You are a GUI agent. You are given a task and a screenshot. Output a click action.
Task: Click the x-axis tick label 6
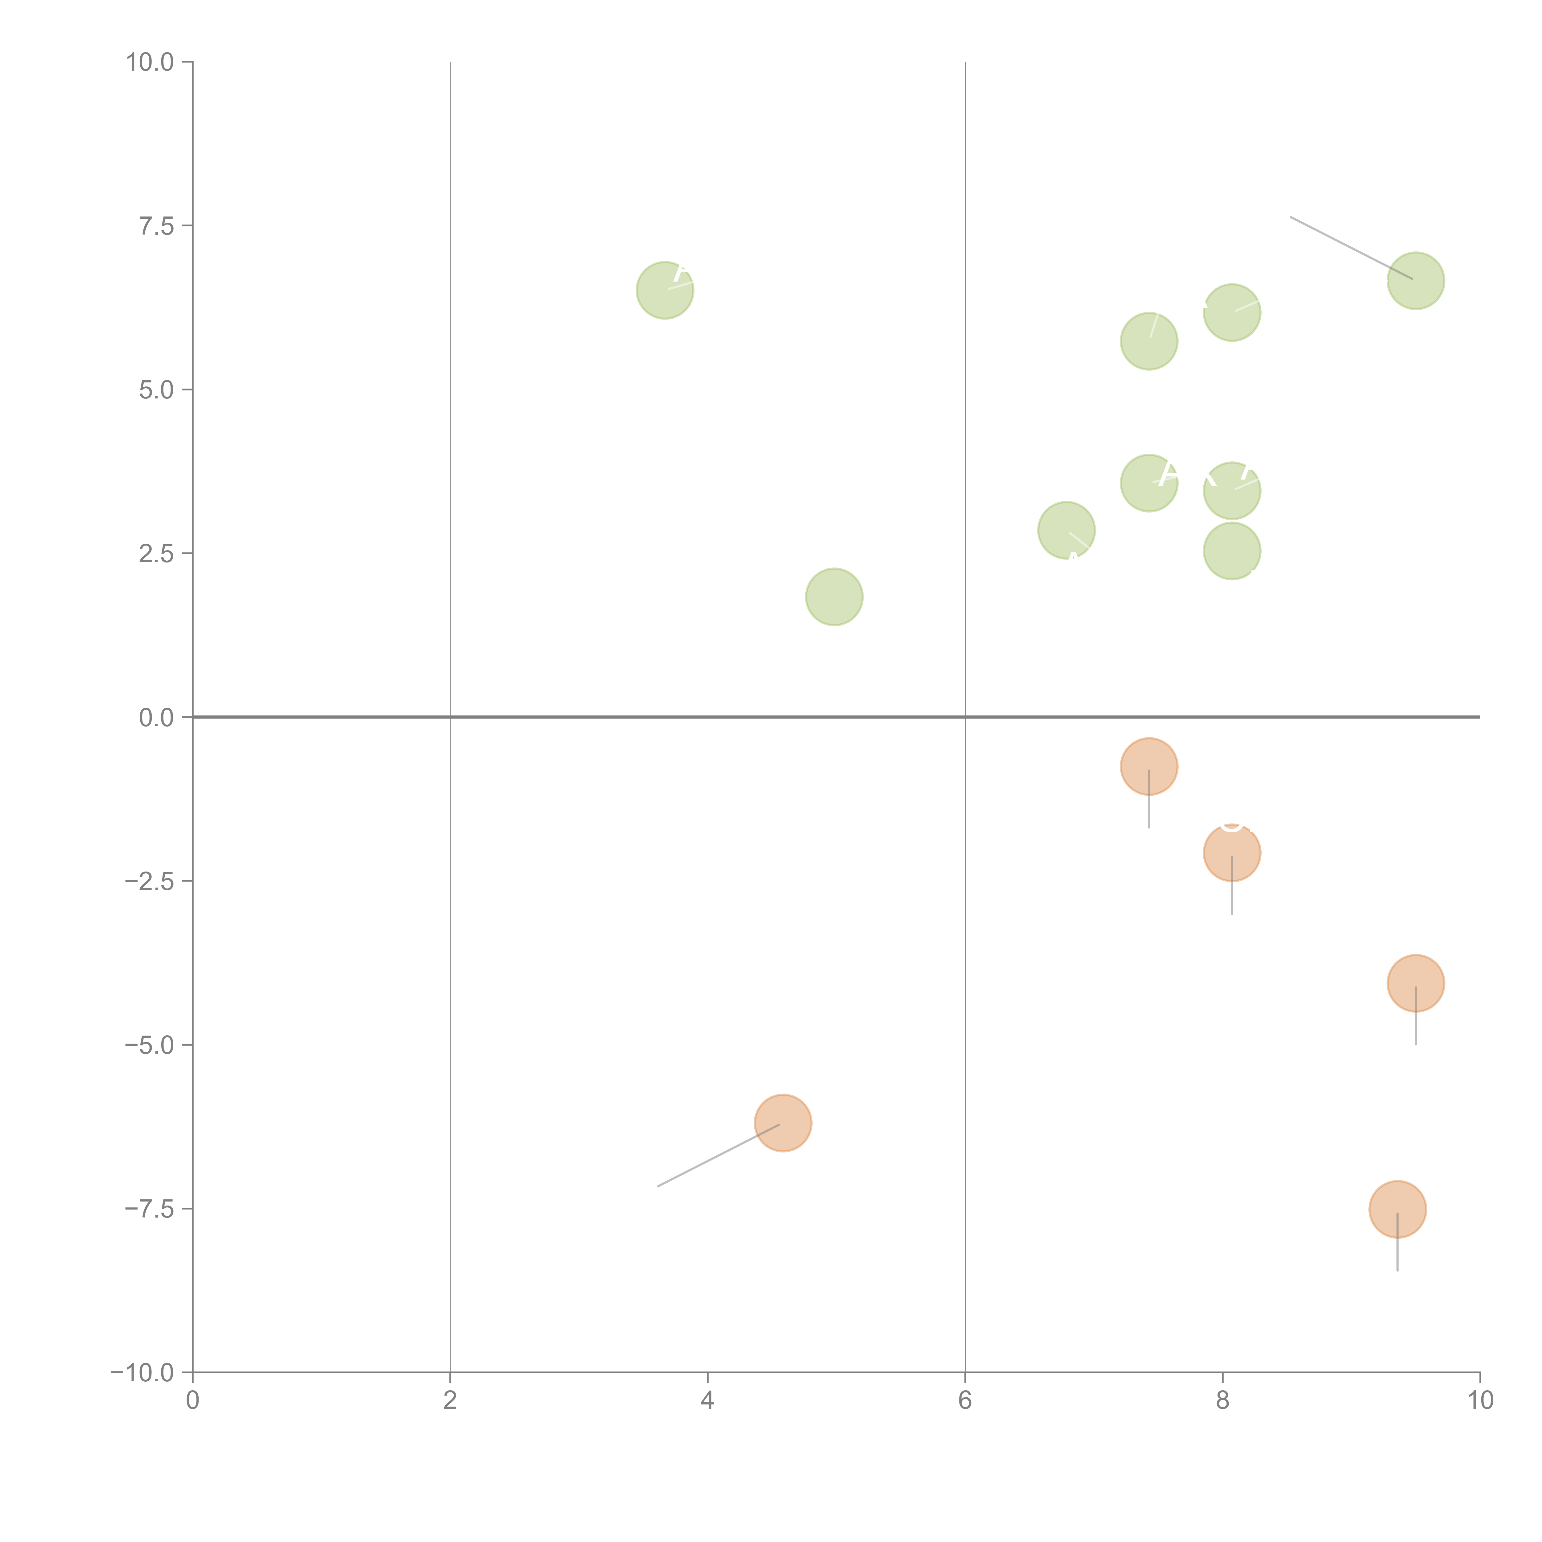965,1401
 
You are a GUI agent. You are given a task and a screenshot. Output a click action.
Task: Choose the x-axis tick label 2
450,1401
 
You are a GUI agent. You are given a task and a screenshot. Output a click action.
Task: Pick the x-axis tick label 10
1480,1401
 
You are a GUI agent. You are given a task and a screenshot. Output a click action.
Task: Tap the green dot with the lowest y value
834,597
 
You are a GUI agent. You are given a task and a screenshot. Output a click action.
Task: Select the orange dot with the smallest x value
783,1123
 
